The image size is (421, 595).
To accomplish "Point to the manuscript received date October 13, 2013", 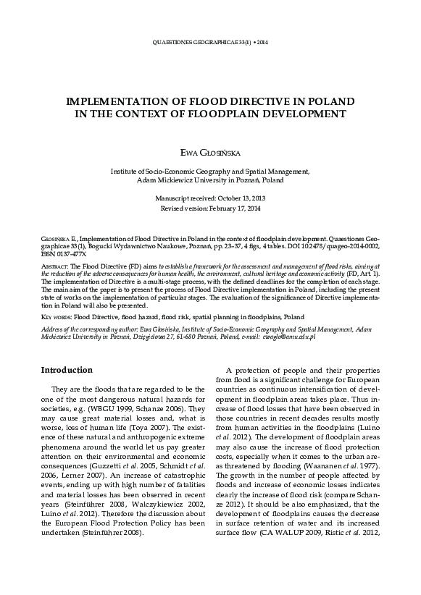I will (238, 198).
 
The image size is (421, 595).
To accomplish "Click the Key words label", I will (57, 317).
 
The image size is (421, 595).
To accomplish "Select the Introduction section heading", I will (67, 370).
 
